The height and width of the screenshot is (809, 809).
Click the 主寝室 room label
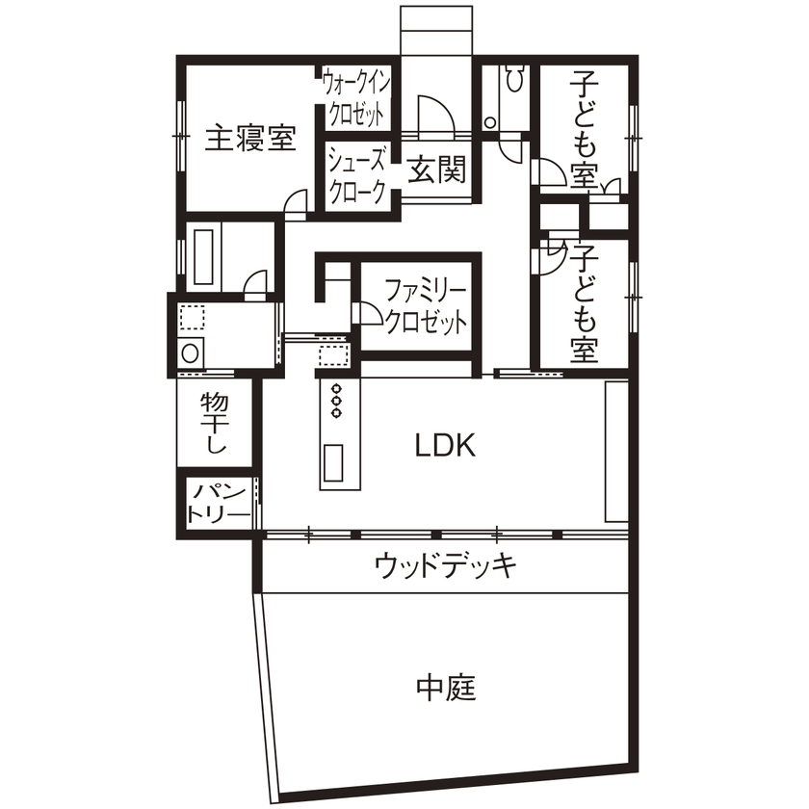[x=250, y=139]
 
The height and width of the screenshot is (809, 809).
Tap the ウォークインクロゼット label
[x=355, y=97]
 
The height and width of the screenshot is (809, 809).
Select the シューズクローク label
[x=358, y=174]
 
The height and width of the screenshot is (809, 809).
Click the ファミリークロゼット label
[x=425, y=305]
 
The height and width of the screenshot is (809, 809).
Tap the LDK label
[x=445, y=445]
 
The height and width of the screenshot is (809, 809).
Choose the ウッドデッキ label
[x=445, y=564]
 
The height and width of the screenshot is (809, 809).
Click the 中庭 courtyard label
[x=446, y=688]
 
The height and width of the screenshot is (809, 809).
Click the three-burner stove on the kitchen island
[x=337, y=401]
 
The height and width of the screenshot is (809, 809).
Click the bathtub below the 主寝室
[x=203, y=254]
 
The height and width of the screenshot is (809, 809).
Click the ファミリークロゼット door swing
[x=369, y=314]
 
